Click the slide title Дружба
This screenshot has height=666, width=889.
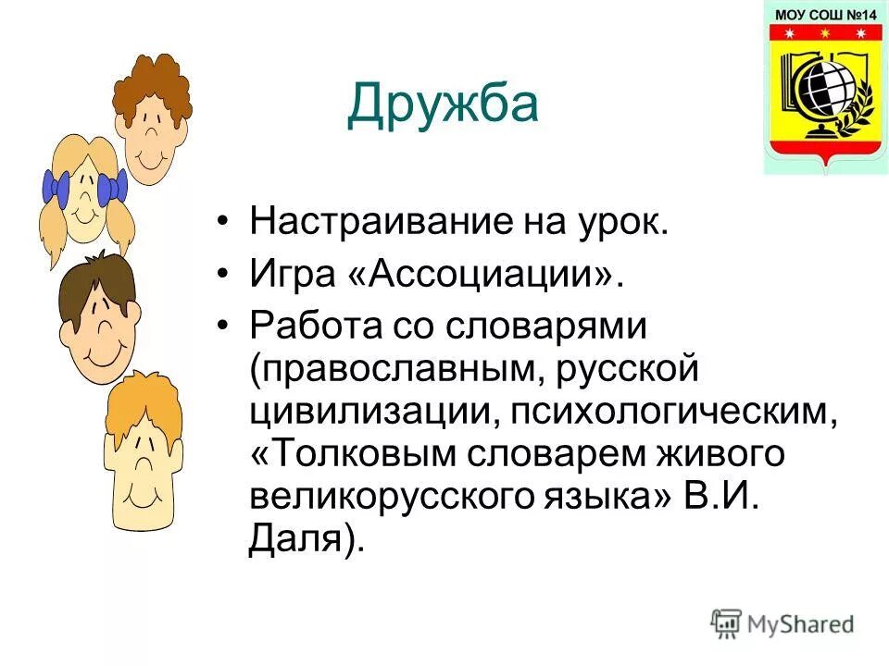[x=442, y=105]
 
